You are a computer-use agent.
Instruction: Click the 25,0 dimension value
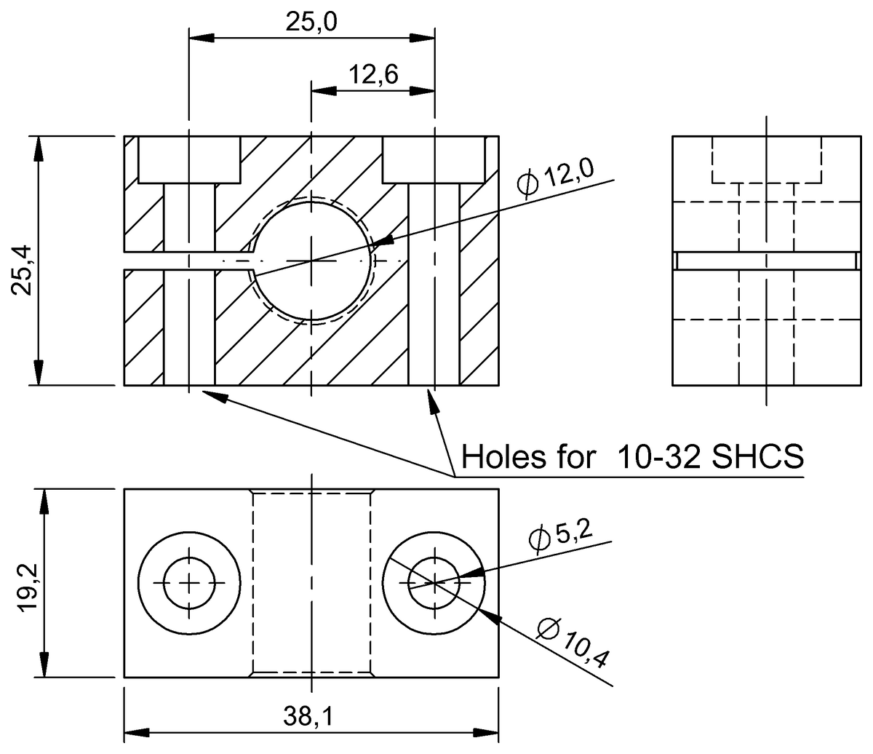(311, 23)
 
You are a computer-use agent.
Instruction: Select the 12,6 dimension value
(372, 75)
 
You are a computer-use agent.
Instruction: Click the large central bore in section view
(311, 261)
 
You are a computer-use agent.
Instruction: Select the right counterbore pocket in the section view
(434, 159)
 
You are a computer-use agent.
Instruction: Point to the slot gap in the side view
(766, 261)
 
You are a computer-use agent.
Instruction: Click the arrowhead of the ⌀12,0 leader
(382, 241)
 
